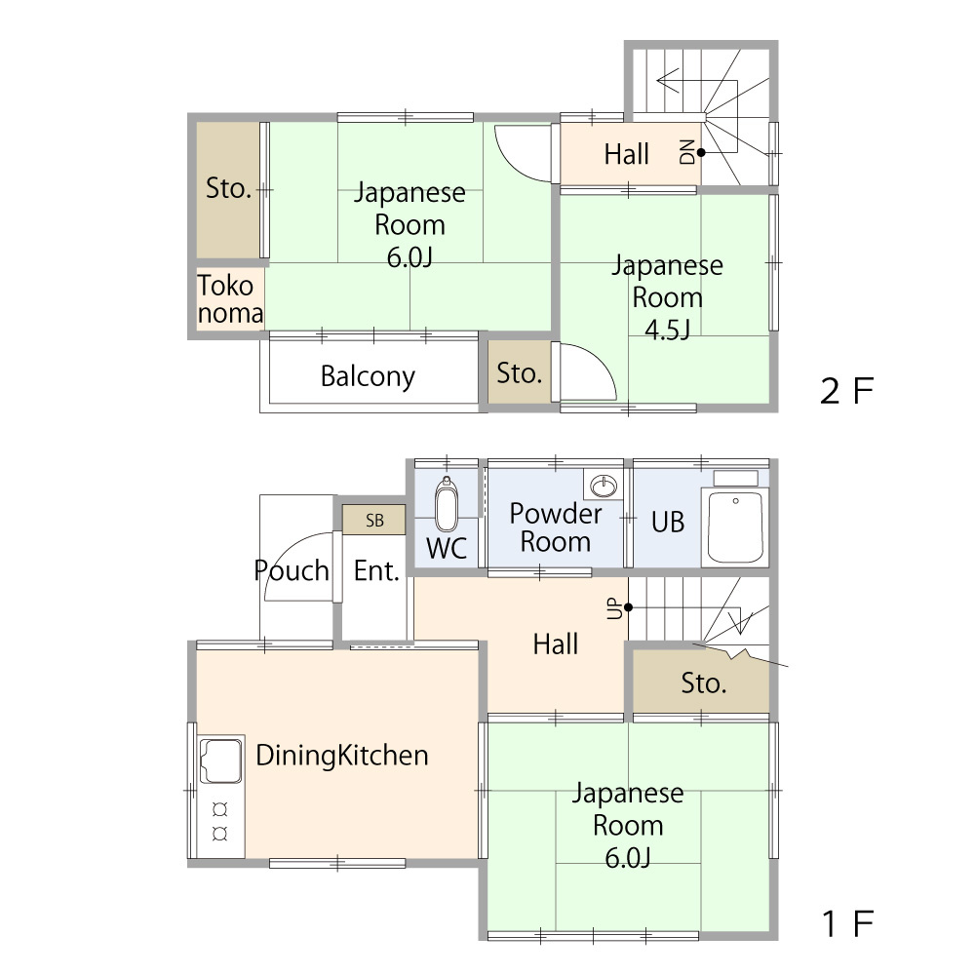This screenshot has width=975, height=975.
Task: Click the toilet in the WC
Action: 447,505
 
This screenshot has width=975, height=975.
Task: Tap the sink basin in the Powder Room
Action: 604,486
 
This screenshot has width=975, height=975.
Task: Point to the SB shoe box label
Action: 374,521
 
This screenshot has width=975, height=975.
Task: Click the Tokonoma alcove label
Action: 230,299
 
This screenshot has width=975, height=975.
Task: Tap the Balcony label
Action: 369,376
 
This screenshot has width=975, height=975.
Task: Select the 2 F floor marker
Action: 847,391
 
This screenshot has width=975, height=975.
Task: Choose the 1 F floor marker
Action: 847,923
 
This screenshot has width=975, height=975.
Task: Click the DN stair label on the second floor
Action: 687,152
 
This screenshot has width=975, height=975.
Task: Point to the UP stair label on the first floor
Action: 614,608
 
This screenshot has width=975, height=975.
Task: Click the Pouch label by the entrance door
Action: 292,570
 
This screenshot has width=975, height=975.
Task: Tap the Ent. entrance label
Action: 376,570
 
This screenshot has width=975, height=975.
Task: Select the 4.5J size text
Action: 667,330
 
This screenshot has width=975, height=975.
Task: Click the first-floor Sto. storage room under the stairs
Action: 701,682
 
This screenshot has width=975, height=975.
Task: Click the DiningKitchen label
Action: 342,756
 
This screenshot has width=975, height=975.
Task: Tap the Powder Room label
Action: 556,527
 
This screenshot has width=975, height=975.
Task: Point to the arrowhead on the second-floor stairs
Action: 667,81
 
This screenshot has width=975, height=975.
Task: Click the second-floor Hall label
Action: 627,154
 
